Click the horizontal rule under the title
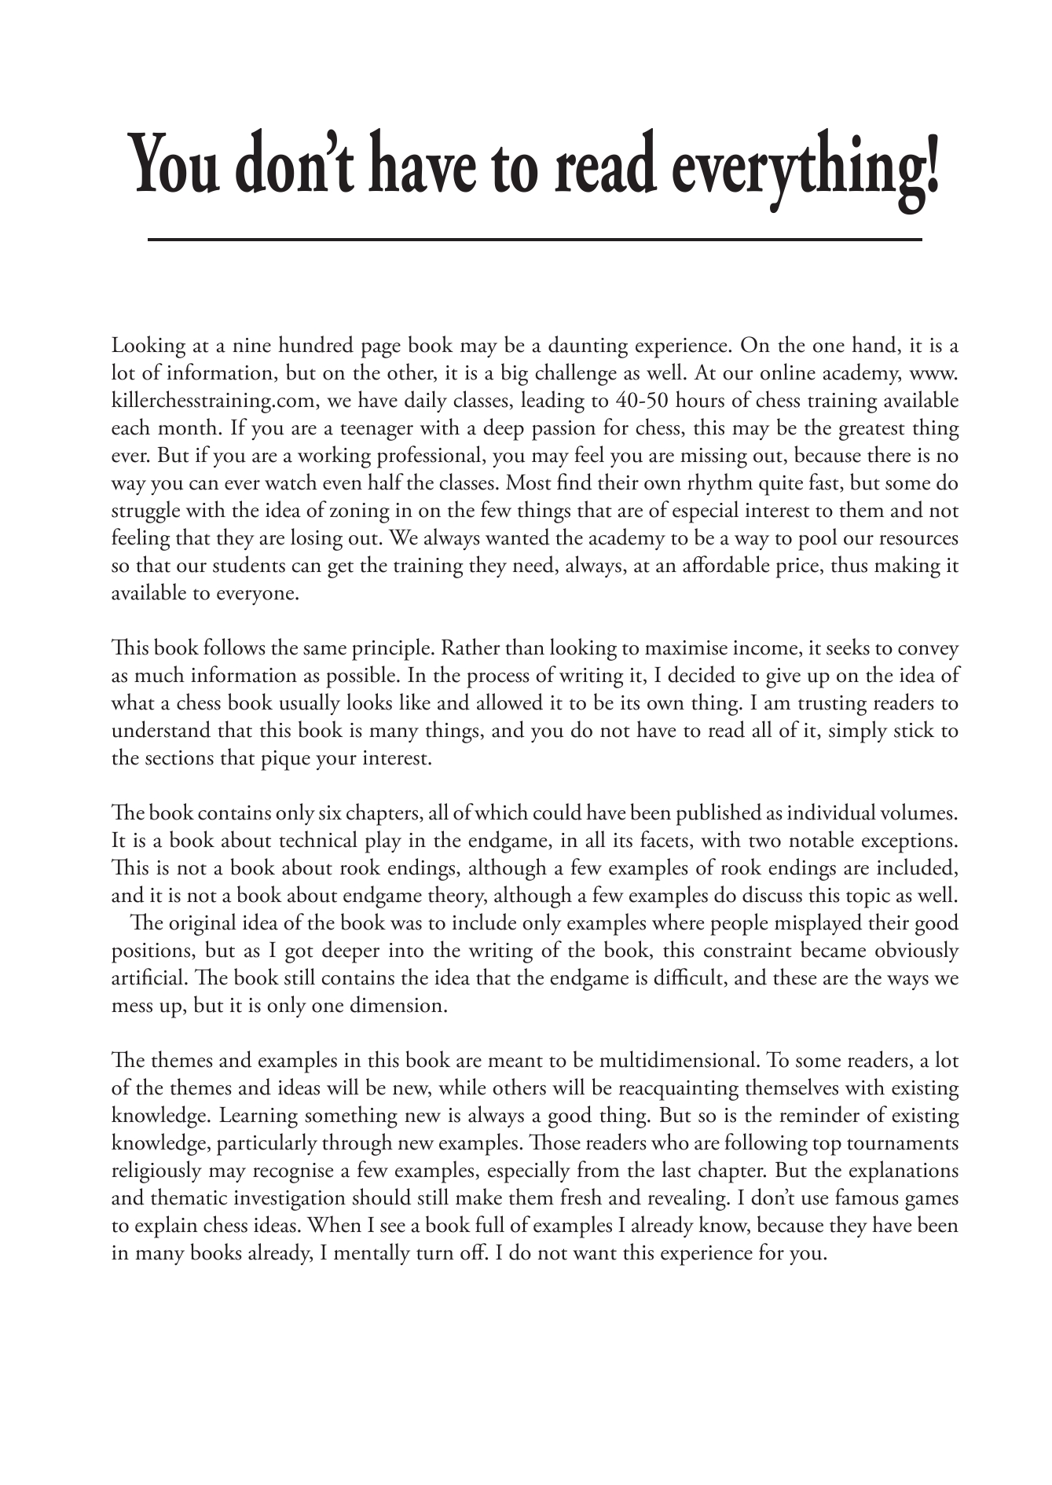[534, 239]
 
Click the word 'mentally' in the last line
[356, 1254]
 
